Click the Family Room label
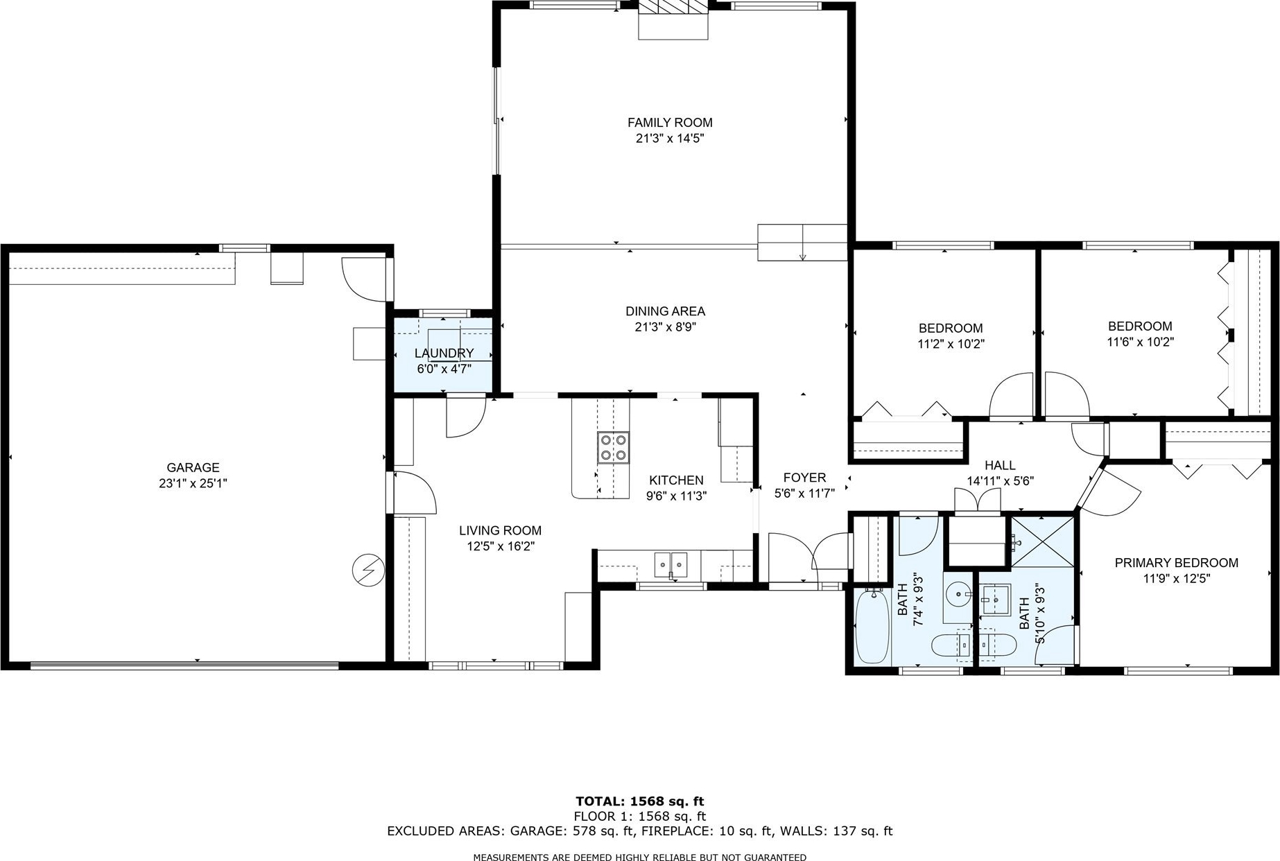coord(670,123)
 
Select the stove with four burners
coord(614,447)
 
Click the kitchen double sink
coord(671,564)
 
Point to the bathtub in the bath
coord(873,627)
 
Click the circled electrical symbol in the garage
coord(368,570)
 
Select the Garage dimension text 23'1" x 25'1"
coord(193,483)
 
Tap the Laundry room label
coord(444,354)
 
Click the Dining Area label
coord(666,311)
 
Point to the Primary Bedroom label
coord(1176,563)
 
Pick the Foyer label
coord(804,478)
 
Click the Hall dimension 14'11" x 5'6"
coord(1000,481)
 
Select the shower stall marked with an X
coord(1042,541)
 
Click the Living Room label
coord(500,530)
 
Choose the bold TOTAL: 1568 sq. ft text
coord(639,802)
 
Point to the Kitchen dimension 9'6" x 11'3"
coord(676,496)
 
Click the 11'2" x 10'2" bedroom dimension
coord(951,344)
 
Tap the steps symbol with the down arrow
coord(802,243)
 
